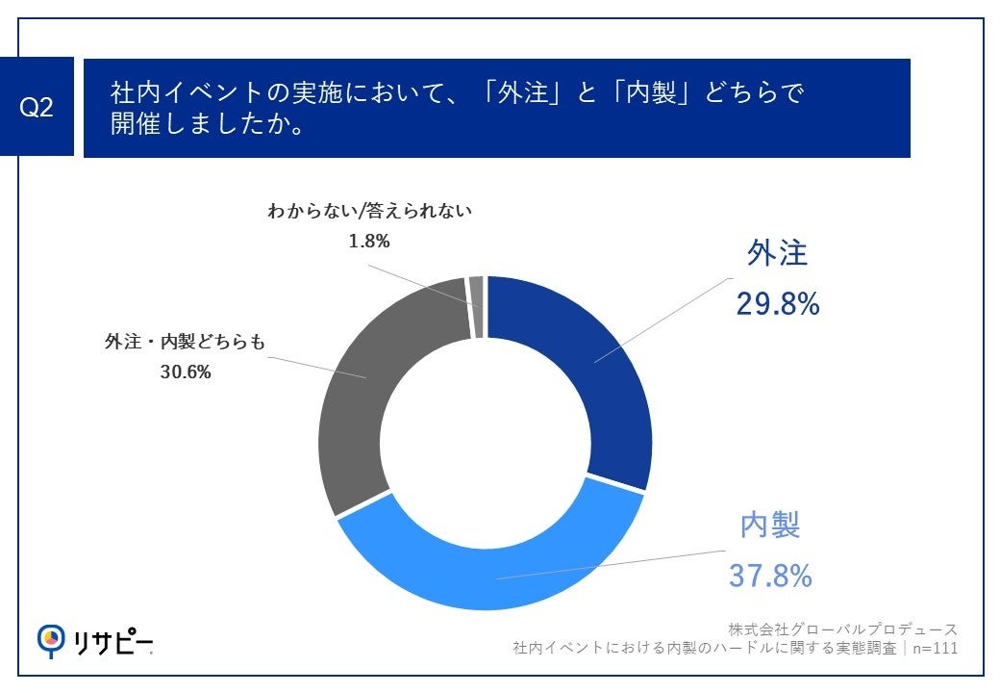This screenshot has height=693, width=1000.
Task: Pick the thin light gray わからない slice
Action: click(476, 306)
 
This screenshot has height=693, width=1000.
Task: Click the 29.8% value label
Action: click(777, 304)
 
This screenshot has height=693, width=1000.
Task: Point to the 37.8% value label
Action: click(770, 576)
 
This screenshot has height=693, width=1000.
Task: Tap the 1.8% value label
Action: click(369, 241)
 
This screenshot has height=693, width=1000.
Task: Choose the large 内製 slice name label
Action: click(770, 525)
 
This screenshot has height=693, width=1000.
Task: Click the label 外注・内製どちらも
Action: click(184, 341)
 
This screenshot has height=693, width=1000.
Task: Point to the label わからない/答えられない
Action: click(370, 211)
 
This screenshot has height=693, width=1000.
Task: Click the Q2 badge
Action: click(37, 108)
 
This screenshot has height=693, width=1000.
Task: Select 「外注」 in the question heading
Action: click(528, 93)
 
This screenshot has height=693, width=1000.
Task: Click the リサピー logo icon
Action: click(51, 638)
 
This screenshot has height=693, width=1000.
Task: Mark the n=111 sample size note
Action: click(934, 649)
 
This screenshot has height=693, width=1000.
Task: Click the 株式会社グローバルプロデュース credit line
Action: click(842, 629)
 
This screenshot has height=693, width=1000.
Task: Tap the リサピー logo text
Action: click(113, 639)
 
